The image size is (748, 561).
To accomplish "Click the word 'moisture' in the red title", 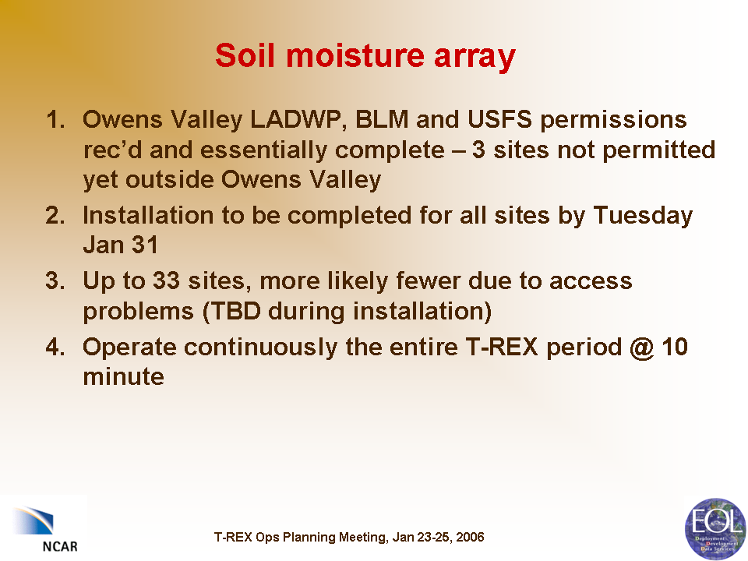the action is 355,55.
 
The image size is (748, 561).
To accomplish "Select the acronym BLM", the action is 382,119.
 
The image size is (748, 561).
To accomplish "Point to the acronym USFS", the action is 499,119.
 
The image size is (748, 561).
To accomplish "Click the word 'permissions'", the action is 613,121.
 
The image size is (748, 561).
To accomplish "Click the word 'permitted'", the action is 659,151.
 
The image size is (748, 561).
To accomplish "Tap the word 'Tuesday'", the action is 643,217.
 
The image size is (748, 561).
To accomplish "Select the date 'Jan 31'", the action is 120,245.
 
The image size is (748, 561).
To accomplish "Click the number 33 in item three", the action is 166,280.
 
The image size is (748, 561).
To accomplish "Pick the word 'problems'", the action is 139,312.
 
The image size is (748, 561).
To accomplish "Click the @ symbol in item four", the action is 641,348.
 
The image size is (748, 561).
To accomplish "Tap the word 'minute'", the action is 124,376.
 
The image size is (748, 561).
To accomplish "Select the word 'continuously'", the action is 260,348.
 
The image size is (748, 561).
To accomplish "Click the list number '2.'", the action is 56,216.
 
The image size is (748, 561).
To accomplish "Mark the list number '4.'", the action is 56,347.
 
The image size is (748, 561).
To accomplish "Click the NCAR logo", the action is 44,527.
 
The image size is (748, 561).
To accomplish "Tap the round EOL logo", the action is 715,528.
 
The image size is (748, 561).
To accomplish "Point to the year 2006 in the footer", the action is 470,537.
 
